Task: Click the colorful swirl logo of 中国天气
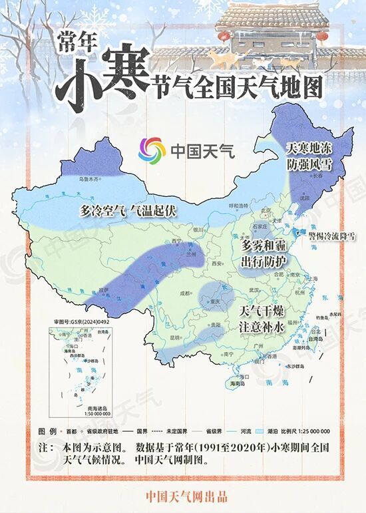tap(152, 149)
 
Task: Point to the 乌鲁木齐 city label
tap(89, 179)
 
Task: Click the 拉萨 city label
tap(102, 290)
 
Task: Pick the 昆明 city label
tap(176, 337)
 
